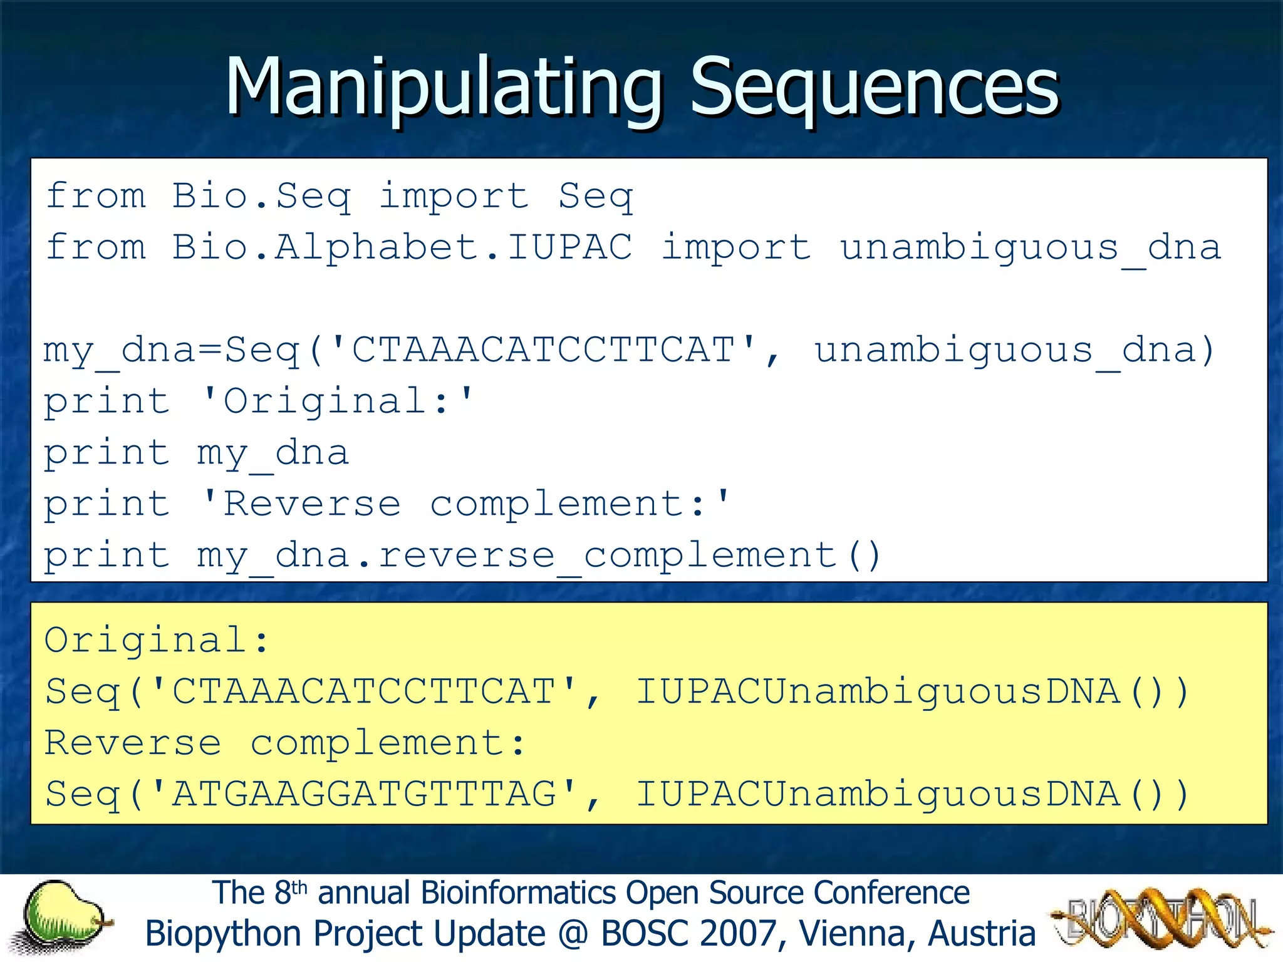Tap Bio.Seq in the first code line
[261, 196]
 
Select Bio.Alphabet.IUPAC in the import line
[402, 247]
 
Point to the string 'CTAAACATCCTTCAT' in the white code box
[543, 350]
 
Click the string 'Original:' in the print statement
[338, 401]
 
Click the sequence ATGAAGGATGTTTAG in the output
[365, 795]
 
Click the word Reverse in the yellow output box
[133, 743]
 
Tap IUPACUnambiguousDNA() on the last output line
[912, 795]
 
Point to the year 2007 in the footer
[739, 934]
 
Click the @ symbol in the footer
[573, 934]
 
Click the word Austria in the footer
[982, 934]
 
